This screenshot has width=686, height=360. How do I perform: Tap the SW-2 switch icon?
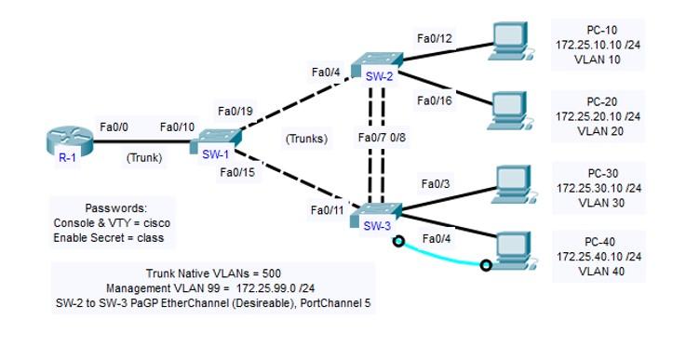coord(379,62)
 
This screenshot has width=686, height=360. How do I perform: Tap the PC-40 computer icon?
coord(512,246)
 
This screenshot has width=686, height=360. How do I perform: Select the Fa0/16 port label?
coord(435,100)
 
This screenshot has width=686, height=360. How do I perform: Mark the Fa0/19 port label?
coord(234,111)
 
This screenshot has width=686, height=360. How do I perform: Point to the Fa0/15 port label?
coord(237,172)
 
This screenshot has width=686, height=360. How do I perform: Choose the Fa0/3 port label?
coord(437,184)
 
